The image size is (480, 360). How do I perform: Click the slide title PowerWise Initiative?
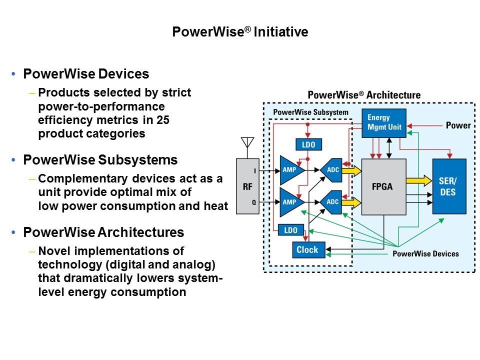(240, 32)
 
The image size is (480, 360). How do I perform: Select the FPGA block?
(383, 187)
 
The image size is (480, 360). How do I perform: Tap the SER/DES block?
(449, 186)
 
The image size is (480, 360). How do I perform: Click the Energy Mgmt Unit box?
(384, 123)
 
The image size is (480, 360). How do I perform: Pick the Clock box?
(308, 249)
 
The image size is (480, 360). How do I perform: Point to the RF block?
(247, 186)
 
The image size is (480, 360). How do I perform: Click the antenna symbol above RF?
(247, 144)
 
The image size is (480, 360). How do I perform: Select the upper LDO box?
(308, 144)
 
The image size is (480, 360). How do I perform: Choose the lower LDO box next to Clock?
(290, 230)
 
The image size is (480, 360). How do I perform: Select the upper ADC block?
(331, 170)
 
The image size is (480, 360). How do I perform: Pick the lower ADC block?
(331, 202)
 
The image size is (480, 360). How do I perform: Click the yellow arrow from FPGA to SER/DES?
(418, 180)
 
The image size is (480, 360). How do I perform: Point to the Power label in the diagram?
(458, 125)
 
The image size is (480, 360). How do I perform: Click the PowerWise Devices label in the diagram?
(425, 254)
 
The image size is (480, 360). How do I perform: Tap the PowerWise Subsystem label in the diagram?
(310, 112)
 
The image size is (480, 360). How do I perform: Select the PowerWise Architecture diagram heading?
(364, 95)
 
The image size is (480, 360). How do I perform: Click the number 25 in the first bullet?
(162, 120)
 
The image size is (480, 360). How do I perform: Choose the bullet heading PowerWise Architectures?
(104, 232)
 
